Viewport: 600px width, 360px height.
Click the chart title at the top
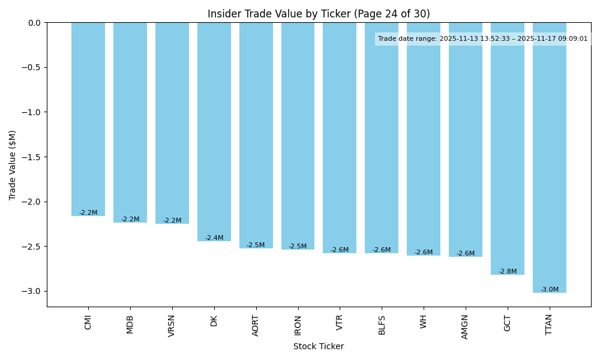tap(319, 14)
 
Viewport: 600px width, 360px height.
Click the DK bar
tap(214, 131)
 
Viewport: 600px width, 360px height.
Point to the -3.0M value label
tap(550, 290)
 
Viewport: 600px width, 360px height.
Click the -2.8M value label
tap(508, 272)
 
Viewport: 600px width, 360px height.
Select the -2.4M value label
tap(214, 238)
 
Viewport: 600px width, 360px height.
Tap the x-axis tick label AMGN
tap(466, 326)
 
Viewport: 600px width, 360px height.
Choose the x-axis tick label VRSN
tap(172, 325)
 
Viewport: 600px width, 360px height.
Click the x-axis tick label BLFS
tap(382, 325)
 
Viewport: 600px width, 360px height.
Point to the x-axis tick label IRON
tap(298, 325)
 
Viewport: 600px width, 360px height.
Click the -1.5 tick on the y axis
tap(32, 157)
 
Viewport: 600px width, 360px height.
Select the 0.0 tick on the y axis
tap(35, 23)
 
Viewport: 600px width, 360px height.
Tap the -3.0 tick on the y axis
tap(32, 292)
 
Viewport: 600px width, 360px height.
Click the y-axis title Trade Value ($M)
tap(13, 165)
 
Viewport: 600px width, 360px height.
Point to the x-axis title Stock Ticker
tap(319, 347)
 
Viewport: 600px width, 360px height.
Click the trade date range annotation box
tap(483, 39)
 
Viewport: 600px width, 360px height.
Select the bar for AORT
tap(256, 135)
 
